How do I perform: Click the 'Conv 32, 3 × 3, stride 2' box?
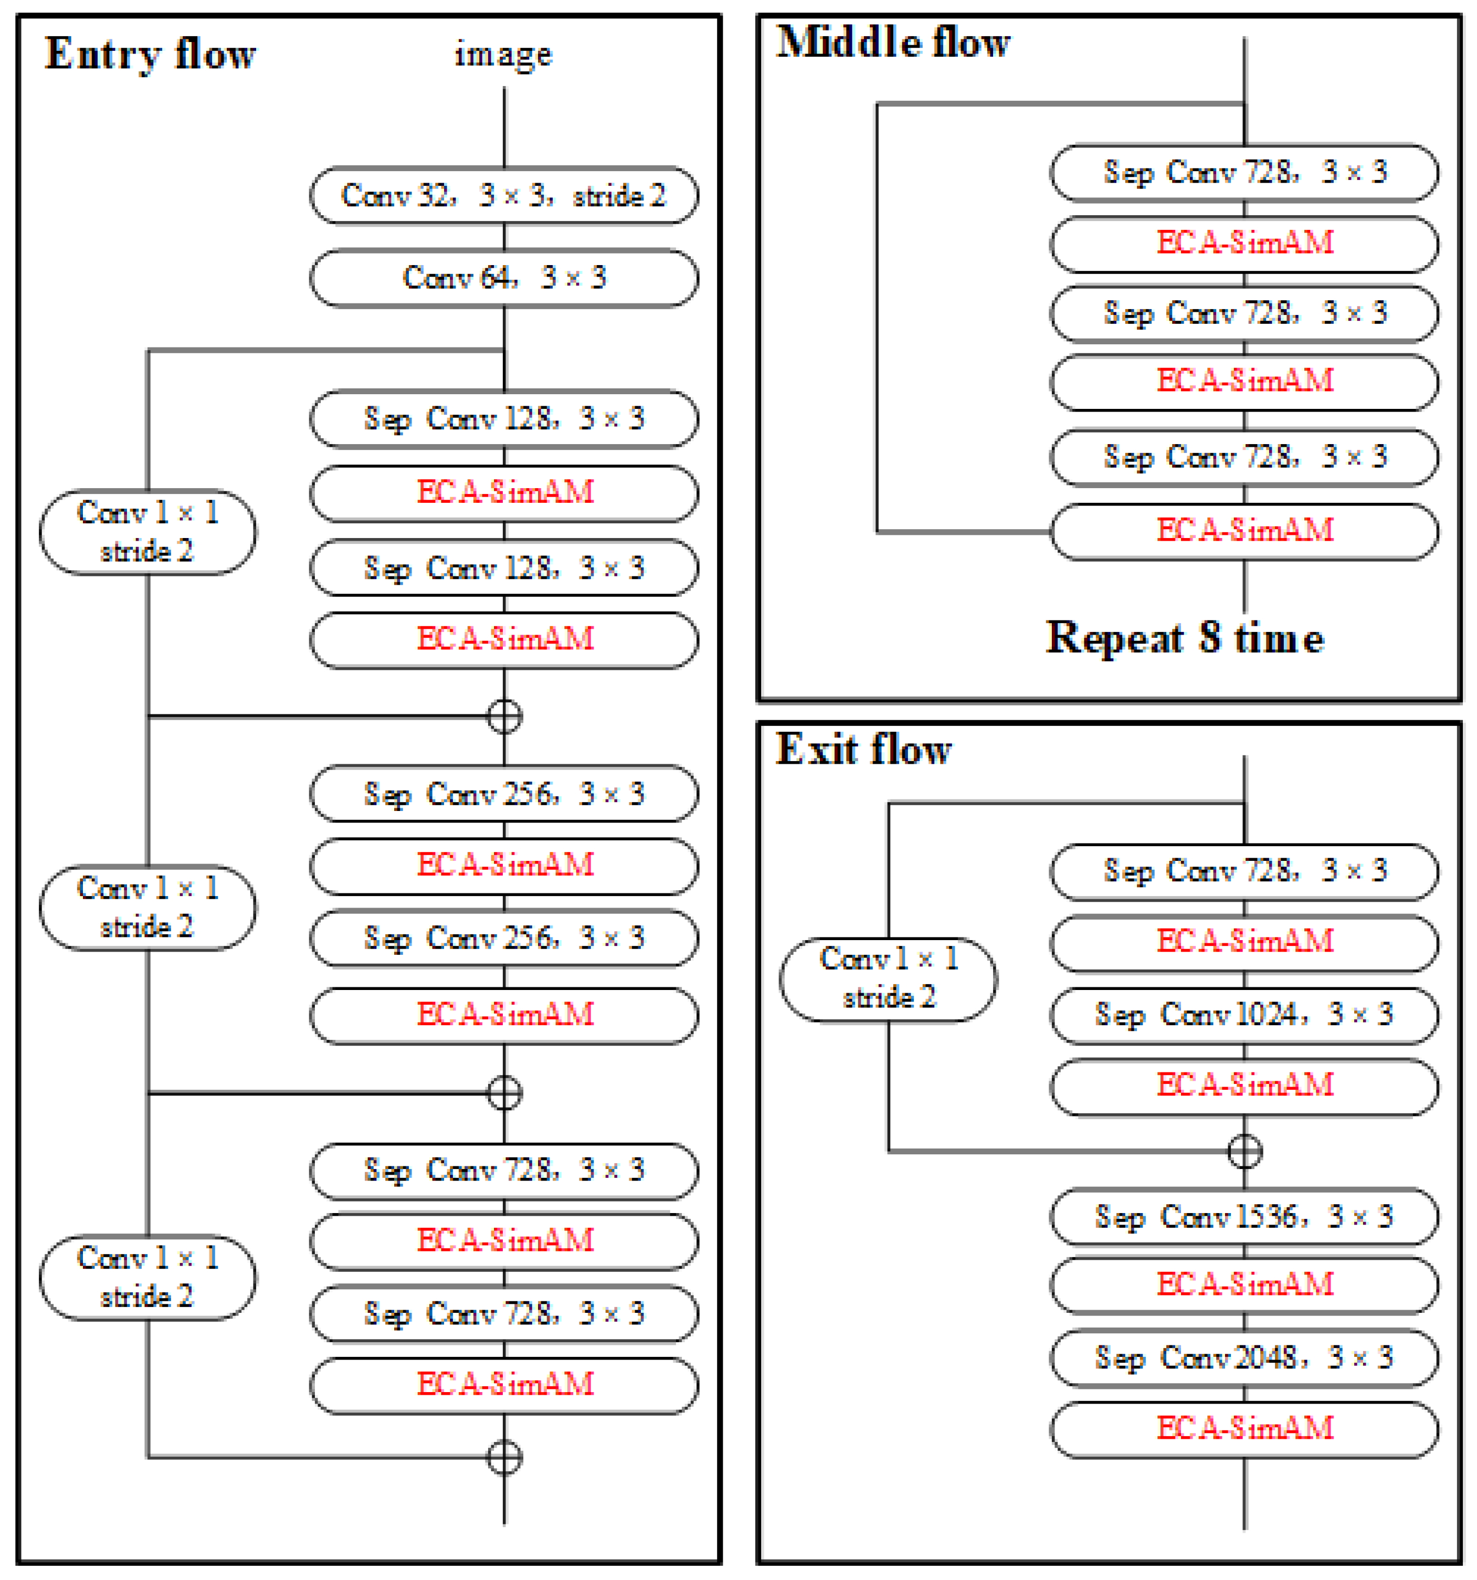click(x=504, y=195)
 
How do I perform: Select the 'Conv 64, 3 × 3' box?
click(x=504, y=278)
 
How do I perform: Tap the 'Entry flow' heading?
click(x=150, y=54)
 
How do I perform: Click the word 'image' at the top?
click(x=503, y=54)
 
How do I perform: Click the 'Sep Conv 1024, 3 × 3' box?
click(x=1243, y=1015)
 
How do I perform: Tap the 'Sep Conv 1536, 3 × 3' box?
click(x=1243, y=1217)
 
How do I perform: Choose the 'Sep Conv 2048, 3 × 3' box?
click(x=1243, y=1358)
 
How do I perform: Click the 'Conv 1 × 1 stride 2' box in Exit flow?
click(x=888, y=979)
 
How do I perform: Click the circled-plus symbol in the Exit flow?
click(x=1244, y=1151)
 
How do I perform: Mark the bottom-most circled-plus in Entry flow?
click(x=504, y=1458)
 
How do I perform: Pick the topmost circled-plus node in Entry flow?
click(x=504, y=716)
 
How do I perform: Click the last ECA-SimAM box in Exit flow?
click(x=1243, y=1429)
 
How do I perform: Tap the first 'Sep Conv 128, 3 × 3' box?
click(x=504, y=419)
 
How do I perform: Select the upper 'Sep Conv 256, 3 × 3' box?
click(x=504, y=794)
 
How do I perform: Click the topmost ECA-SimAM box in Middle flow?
click(x=1243, y=243)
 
